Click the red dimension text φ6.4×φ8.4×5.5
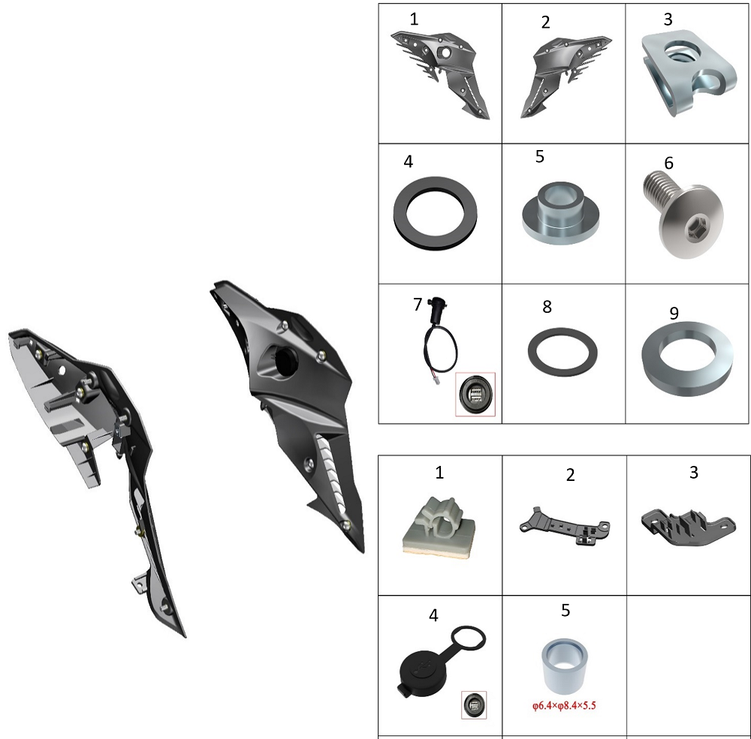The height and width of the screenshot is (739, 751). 564,705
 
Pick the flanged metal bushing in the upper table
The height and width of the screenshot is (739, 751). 560,212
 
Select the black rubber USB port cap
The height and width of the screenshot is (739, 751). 441,660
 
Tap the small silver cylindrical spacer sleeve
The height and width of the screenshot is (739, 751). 565,666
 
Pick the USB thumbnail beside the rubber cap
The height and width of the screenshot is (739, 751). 474,705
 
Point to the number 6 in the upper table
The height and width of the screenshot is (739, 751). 668,164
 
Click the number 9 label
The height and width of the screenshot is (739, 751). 674,313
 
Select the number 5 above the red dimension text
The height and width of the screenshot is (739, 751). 566,610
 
